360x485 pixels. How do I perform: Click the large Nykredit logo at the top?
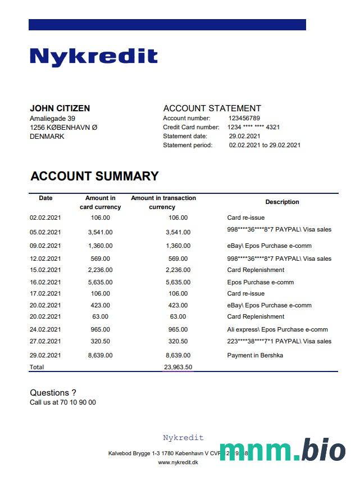[x=93, y=57]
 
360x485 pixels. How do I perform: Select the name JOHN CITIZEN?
[x=60, y=108]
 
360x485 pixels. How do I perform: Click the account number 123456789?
[x=244, y=119]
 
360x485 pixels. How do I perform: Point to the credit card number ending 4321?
[x=254, y=128]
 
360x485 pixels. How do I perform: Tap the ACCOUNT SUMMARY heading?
[x=94, y=176]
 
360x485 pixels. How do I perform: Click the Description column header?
[x=282, y=202]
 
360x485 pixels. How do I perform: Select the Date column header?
[x=45, y=198]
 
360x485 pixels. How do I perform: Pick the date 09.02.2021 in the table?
[x=45, y=246]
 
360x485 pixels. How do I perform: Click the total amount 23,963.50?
[x=178, y=368]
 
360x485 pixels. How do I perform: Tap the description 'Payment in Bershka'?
[x=255, y=356]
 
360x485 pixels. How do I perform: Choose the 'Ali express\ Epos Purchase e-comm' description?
[x=277, y=330]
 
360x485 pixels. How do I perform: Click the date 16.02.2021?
[x=45, y=283]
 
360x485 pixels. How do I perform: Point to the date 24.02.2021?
[x=45, y=330]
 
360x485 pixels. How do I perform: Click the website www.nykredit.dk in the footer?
[x=178, y=463]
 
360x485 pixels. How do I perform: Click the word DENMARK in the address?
[x=47, y=137]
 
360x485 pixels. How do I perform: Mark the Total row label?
[x=37, y=368]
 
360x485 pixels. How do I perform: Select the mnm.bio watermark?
[x=282, y=450]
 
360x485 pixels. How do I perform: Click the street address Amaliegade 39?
[x=52, y=119]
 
